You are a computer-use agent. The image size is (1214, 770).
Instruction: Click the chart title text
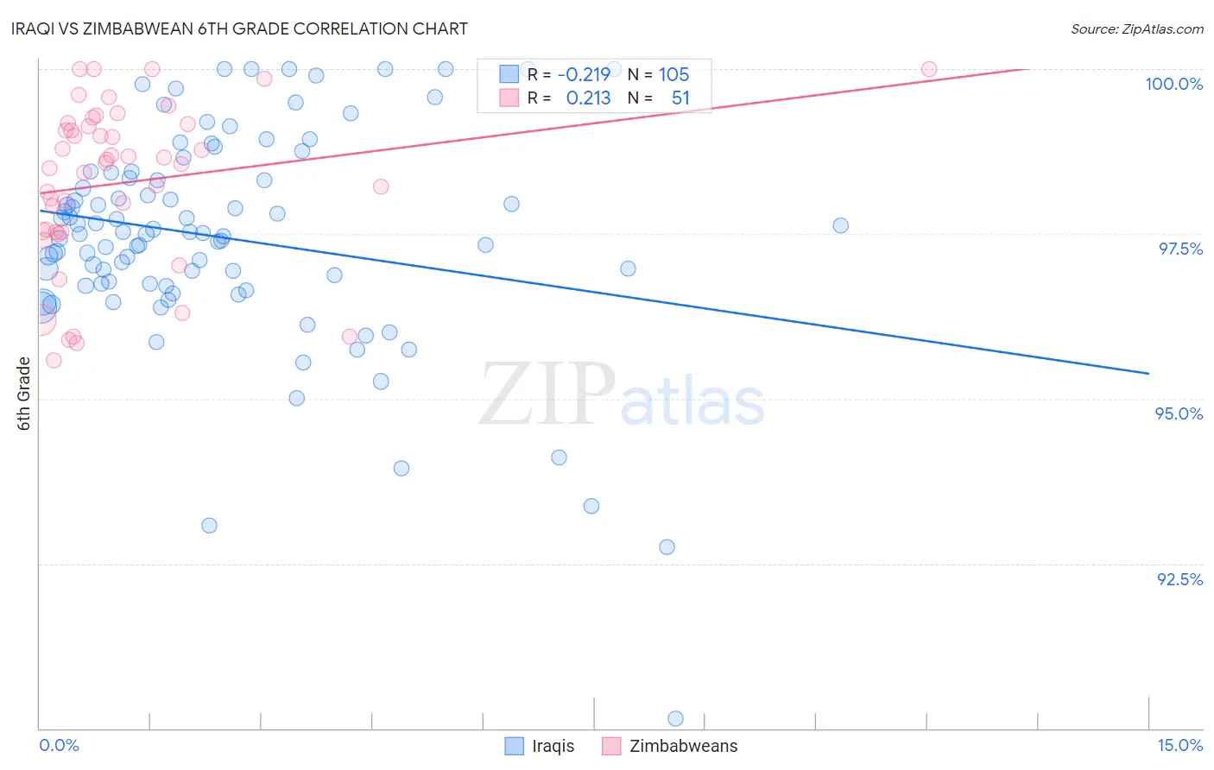pos(239,28)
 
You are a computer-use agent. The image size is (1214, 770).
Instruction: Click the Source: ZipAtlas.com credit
pos(1136,28)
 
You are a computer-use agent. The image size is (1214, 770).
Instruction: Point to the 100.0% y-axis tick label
pos(1173,84)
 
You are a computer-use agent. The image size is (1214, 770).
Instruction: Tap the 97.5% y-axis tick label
pos(1180,249)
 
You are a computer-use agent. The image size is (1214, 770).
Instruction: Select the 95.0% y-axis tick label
pos(1179,413)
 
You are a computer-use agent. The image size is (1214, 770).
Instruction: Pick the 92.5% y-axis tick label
pos(1179,579)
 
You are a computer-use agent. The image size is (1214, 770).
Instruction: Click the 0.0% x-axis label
pos(59,745)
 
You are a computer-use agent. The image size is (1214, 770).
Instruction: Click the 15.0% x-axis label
pos(1179,745)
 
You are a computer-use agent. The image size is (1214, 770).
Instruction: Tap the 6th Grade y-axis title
pos(23,394)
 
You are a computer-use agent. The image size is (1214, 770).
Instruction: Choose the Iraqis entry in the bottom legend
pos(553,746)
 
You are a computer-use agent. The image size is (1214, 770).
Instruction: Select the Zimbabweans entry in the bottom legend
pos(683,746)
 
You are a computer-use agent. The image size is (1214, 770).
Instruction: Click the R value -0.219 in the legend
pos(584,75)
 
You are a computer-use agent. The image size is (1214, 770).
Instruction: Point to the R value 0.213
pos(588,98)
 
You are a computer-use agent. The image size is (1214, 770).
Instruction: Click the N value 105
pos(673,75)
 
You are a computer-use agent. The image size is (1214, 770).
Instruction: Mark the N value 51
pos(680,98)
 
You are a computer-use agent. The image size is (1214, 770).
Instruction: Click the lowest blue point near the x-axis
pos(675,718)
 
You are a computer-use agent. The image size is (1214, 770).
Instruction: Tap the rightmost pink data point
pos(929,69)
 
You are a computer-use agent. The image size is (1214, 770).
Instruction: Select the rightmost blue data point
pos(840,225)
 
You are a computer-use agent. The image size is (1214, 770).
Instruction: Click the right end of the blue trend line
pos(1148,373)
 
